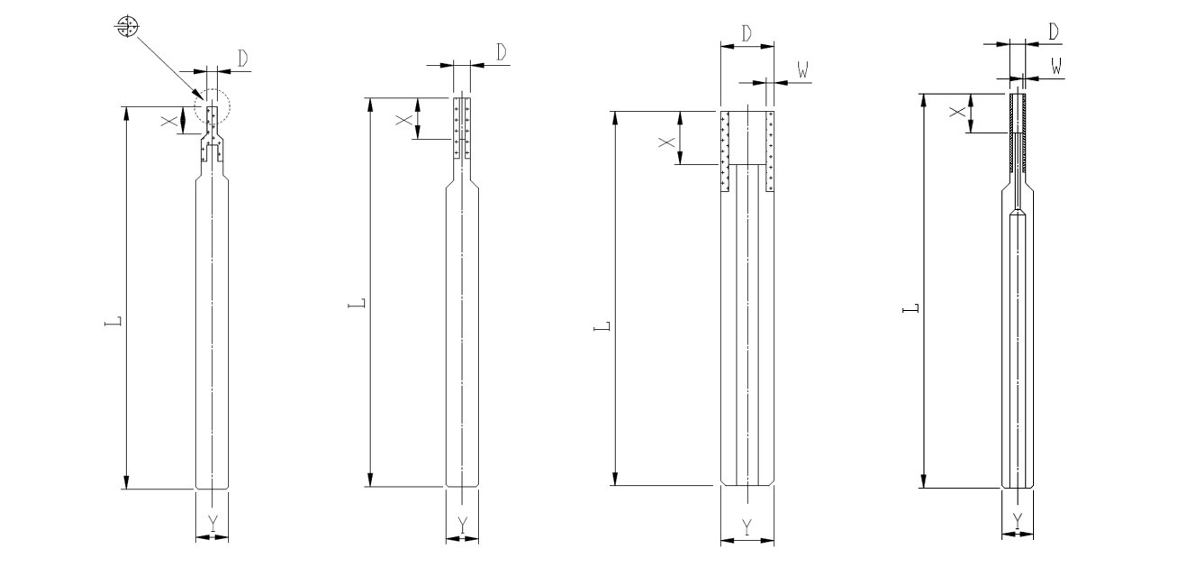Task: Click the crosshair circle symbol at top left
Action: (127, 26)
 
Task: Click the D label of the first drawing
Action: (243, 58)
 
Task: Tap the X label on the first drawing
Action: (168, 121)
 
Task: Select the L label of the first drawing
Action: (113, 322)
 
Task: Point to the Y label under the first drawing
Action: (213, 522)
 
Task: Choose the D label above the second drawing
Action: (502, 52)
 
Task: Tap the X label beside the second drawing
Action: (403, 119)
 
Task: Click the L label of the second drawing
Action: (358, 303)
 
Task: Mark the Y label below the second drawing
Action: (463, 523)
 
